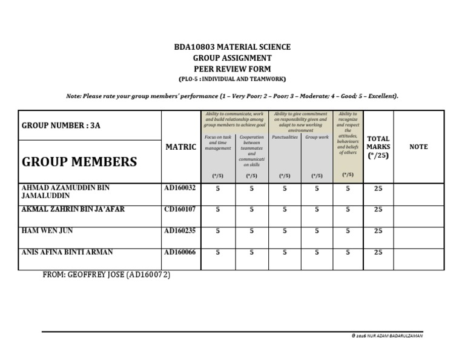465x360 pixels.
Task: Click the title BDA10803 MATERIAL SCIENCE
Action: (x=232, y=47)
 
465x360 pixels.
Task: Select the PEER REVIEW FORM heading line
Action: (x=232, y=69)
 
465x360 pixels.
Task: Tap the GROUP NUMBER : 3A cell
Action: (x=61, y=125)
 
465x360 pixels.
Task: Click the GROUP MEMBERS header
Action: (x=79, y=162)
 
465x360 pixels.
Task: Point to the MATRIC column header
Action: (x=180, y=147)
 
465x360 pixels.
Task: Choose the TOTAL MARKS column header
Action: (x=378, y=147)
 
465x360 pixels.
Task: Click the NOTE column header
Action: (x=418, y=147)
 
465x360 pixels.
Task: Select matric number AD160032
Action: (x=180, y=188)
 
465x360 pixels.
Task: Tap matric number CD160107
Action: (x=180, y=209)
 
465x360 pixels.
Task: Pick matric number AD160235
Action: (x=180, y=230)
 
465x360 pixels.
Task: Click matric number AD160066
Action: (x=180, y=252)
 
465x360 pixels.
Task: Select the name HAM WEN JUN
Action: (x=47, y=231)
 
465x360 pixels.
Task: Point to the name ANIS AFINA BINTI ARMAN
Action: (x=67, y=252)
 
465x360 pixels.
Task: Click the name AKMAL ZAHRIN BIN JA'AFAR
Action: (x=73, y=209)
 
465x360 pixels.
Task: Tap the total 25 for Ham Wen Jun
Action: (x=378, y=231)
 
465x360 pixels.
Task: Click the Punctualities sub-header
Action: (x=285, y=138)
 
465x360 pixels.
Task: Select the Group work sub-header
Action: (x=317, y=138)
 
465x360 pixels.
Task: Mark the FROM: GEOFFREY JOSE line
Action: (x=106, y=275)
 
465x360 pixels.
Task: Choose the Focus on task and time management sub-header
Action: (x=218, y=142)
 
